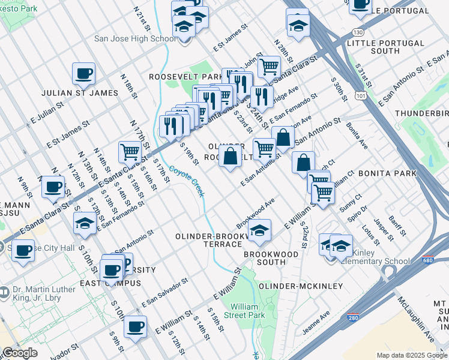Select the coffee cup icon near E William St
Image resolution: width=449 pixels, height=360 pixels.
136,327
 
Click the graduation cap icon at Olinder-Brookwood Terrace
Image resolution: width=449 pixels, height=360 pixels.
259,230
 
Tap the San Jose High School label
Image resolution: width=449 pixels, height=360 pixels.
135,39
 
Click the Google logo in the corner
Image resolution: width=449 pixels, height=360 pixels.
20,353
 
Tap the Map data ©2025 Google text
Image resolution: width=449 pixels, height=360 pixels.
412,355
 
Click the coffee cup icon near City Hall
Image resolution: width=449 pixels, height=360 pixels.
23,250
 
